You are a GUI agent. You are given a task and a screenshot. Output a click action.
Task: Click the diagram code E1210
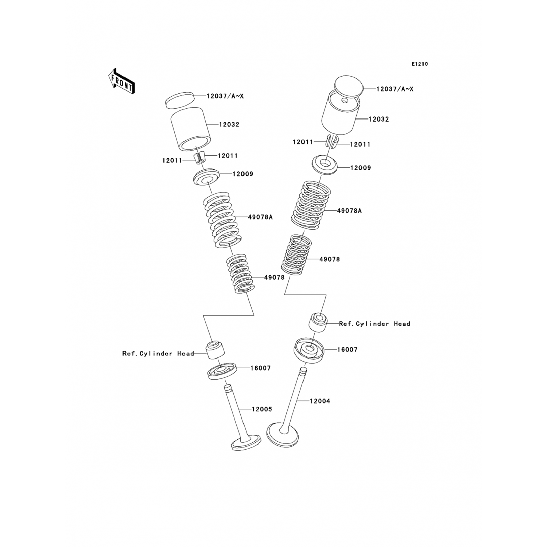click(420, 64)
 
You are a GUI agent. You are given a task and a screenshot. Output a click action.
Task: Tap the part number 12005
click(262, 409)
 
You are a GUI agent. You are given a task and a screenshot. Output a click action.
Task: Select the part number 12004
click(320, 401)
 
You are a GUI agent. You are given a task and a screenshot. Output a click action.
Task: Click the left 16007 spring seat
click(222, 371)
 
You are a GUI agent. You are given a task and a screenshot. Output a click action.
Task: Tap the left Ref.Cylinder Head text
click(158, 353)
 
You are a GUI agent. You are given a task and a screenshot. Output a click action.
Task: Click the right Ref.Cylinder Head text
click(375, 323)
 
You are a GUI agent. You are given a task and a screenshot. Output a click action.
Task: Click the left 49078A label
click(260, 217)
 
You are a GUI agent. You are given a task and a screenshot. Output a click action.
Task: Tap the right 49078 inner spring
click(296, 255)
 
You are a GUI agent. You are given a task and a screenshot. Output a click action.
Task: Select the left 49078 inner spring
click(240, 273)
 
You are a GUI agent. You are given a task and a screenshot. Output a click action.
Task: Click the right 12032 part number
click(379, 119)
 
